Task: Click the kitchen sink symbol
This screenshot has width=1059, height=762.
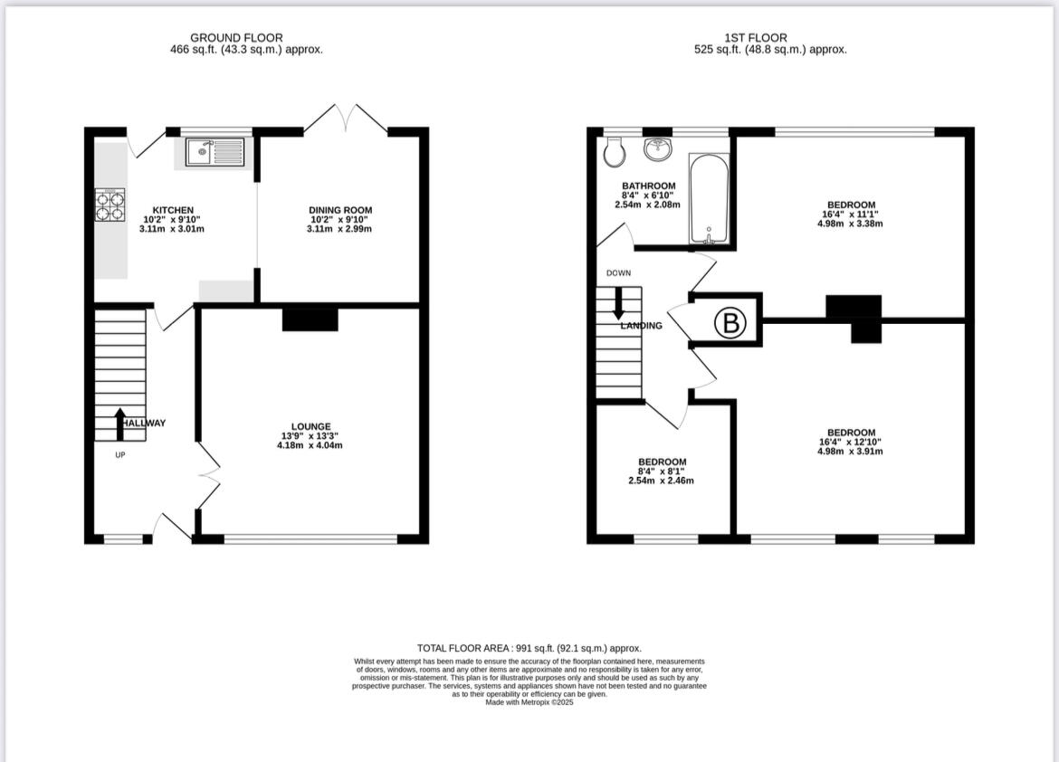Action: click(215, 151)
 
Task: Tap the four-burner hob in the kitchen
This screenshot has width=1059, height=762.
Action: click(110, 205)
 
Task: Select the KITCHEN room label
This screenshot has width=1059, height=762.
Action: click(172, 210)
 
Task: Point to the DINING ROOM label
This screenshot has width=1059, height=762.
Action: click(339, 210)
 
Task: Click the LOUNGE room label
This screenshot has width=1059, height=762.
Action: click(310, 426)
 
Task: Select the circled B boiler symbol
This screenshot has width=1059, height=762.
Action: click(730, 323)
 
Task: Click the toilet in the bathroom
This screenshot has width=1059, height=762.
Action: click(614, 152)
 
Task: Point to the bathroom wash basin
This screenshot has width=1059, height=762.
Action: click(658, 148)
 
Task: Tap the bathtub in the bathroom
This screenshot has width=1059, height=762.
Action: click(709, 199)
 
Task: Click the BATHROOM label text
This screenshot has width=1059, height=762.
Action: click(648, 186)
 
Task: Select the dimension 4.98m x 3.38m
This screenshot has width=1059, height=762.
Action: click(850, 224)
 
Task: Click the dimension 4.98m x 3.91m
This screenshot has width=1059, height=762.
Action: click(850, 452)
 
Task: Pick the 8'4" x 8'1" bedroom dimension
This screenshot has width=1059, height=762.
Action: click(662, 471)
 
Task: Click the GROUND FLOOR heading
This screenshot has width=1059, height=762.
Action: click(236, 37)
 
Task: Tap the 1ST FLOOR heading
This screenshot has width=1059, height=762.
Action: click(756, 37)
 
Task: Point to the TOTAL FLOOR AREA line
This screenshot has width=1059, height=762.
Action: click(529, 648)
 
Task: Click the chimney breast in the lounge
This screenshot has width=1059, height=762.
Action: click(310, 319)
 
